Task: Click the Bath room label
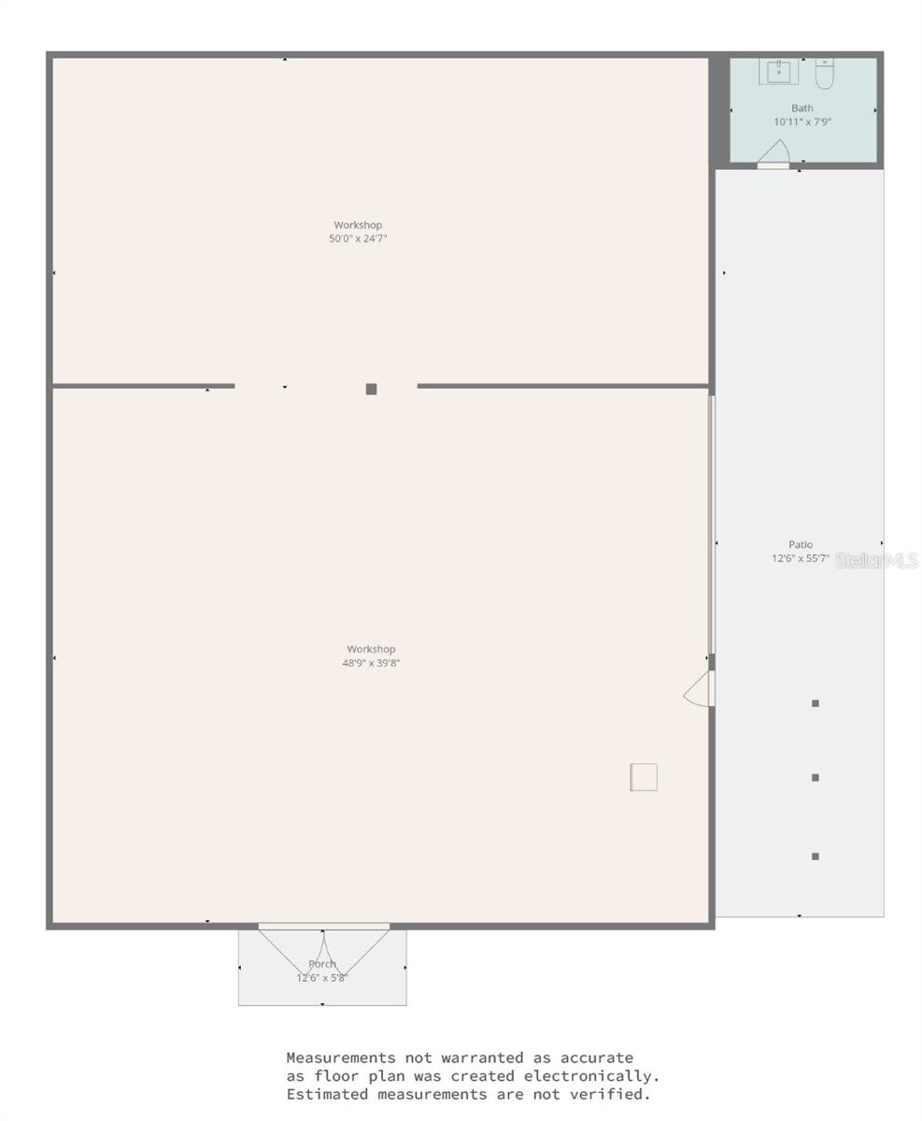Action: click(801, 108)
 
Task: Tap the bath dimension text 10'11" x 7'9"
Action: click(801, 122)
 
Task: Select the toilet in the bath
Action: click(824, 73)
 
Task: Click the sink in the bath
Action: click(778, 71)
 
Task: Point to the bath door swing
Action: click(775, 152)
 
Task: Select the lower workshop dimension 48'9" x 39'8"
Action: click(371, 663)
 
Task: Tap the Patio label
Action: click(801, 545)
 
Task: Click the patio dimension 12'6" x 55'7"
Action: click(800, 559)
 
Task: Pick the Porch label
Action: click(322, 964)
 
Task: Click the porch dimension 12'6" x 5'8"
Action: click(322, 978)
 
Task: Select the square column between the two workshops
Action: click(371, 390)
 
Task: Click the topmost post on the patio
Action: click(816, 703)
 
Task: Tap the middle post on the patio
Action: click(816, 777)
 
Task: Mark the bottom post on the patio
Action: click(816, 857)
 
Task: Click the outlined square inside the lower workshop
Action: click(644, 777)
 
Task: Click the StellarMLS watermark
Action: click(876, 560)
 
